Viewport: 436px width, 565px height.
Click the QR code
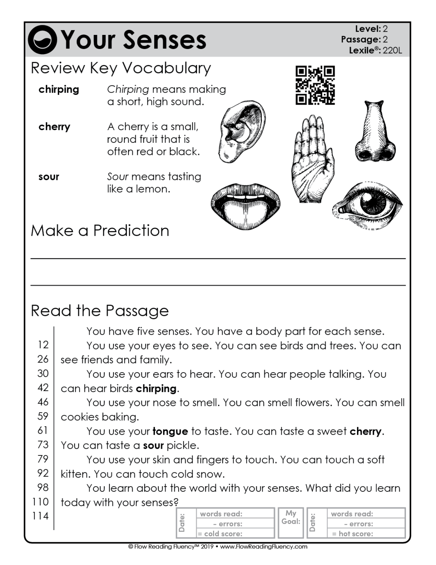click(x=315, y=85)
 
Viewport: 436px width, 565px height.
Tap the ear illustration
click(x=241, y=131)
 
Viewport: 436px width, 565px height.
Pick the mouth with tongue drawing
click(x=245, y=205)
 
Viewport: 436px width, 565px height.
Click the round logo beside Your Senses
click(x=42, y=40)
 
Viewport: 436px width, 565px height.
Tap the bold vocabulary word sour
click(x=49, y=177)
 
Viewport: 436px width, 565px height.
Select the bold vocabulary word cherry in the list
click(x=54, y=127)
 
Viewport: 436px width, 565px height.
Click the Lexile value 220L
click(x=392, y=50)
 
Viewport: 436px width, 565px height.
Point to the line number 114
click(x=40, y=516)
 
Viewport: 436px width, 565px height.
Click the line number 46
click(x=43, y=402)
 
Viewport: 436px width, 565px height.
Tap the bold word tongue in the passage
click(x=170, y=431)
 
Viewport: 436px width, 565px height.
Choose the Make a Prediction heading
click(x=100, y=231)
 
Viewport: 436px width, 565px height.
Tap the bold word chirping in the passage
click(x=156, y=388)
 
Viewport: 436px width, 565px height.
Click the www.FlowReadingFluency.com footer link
click(x=263, y=547)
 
